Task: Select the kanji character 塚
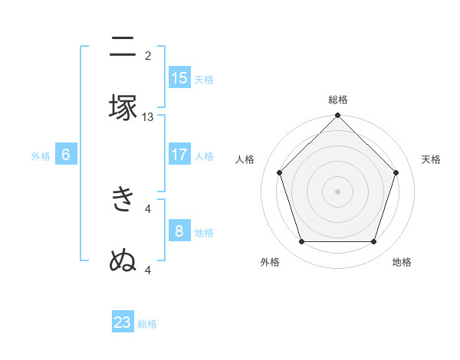tap(123, 107)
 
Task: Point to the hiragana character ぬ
tap(123, 260)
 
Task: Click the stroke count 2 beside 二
tap(148, 56)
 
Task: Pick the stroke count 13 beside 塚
tap(148, 117)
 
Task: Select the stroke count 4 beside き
tap(148, 208)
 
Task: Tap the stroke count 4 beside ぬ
tap(148, 270)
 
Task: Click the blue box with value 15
tap(179, 78)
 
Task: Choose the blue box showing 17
tap(179, 155)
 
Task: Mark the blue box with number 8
tap(179, 231)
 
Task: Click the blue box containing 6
tap(66, 155)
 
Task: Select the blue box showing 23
tap(123, 322)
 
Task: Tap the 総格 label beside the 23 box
tap(147, 324)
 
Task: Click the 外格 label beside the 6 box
tap(41, 156)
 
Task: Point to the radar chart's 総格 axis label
tap(338, 100)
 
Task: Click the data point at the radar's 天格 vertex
tap(396, 172)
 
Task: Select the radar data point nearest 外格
tap(301, 242)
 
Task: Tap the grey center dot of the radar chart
tap(337, 191)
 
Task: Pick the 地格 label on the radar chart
tap(402, 262)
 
